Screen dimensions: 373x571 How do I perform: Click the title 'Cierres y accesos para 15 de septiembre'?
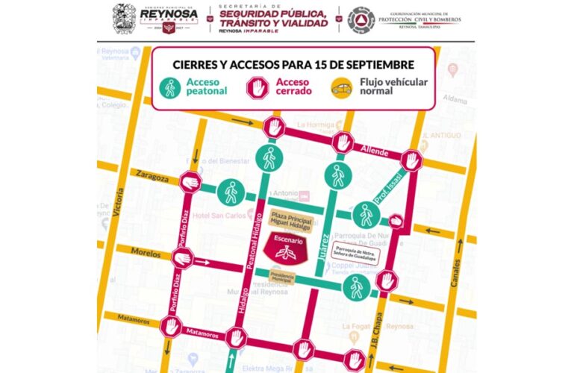pyautogui.click(x=293, y=64)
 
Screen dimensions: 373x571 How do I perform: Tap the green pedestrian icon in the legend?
pyautogui.click(x=170, y=88)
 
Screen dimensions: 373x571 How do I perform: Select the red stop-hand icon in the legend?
pyautogui.click(x=258, y=88)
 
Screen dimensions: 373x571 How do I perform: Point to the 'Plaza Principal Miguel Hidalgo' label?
pyautogui.click(x=290, y=221)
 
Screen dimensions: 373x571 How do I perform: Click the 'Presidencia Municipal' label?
pyautogui.click(x=282, y=278)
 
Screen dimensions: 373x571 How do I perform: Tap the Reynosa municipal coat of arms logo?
pyautogui.click(x=124, y=18)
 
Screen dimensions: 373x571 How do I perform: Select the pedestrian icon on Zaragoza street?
pyautogui.click(x=230, y=192)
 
